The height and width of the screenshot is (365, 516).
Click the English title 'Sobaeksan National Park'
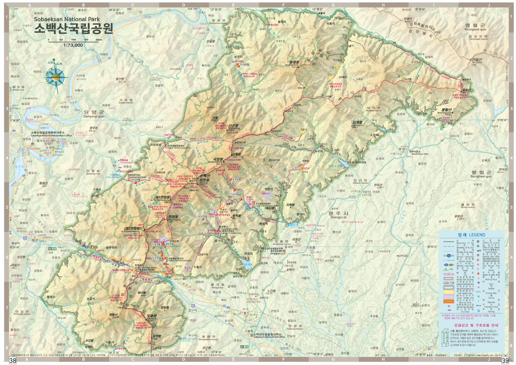pyautogui.click(x=67, y=19)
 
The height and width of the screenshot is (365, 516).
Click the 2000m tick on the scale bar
pyautogui.click(x=99, y=40)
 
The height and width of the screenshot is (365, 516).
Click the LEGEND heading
pyautogui.click(x=471, y=235)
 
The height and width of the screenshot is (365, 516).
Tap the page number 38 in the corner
pyautogui.click(x=12, y=361)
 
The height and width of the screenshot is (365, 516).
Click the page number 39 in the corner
pyautogui.click(x=505, y=361)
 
